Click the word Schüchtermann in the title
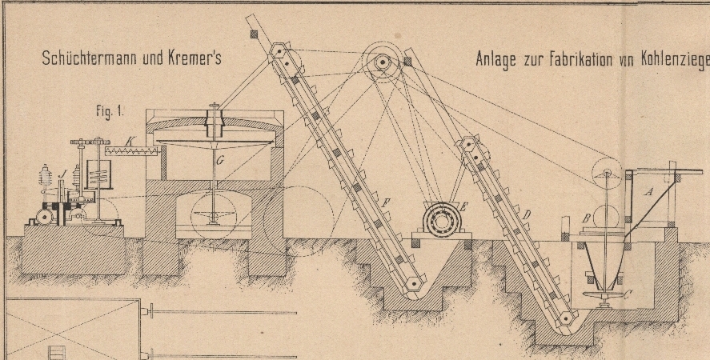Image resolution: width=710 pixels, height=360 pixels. [90, 58]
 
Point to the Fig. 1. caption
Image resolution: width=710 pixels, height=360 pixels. [110, 111]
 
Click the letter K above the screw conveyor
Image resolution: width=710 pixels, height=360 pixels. [129, 142]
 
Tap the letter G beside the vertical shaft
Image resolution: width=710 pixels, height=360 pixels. [220, 160]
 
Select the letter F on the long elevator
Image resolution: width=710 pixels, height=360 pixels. [385, 203]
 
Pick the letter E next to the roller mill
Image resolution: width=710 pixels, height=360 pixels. [463, 207]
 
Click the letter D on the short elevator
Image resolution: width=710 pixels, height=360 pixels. [526, 214]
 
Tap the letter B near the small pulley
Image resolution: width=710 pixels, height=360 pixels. [587, 218]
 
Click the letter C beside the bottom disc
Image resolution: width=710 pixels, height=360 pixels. [628, 295]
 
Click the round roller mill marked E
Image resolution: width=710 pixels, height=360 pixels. [442, 221]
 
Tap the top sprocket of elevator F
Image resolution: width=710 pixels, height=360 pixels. [279, 52]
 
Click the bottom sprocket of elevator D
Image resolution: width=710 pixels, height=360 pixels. [565, 318]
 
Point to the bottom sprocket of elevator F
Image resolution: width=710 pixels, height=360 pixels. [413, 284]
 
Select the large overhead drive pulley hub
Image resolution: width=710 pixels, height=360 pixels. [383, 62]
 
